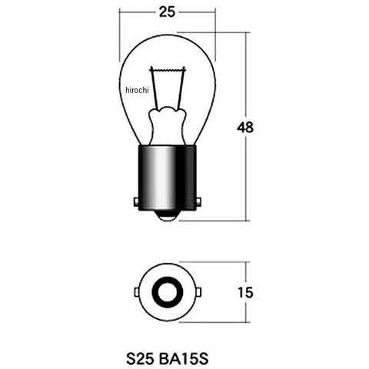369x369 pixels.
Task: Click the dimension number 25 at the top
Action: pos(168,12)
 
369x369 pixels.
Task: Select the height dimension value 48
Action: pos(245,128)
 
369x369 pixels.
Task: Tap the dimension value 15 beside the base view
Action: pos(245,292)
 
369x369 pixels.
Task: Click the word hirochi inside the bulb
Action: pos(137,90)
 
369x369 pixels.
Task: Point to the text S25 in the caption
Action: pos(140,359)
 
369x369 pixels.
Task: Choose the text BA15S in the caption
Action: pos(184,359)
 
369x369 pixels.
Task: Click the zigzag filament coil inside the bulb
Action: pos(168,69)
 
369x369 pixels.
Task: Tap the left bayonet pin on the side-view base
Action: pos(136,201)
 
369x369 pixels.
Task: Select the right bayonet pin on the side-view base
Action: pos(198,201)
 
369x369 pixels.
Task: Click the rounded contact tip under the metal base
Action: pos(168,216)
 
